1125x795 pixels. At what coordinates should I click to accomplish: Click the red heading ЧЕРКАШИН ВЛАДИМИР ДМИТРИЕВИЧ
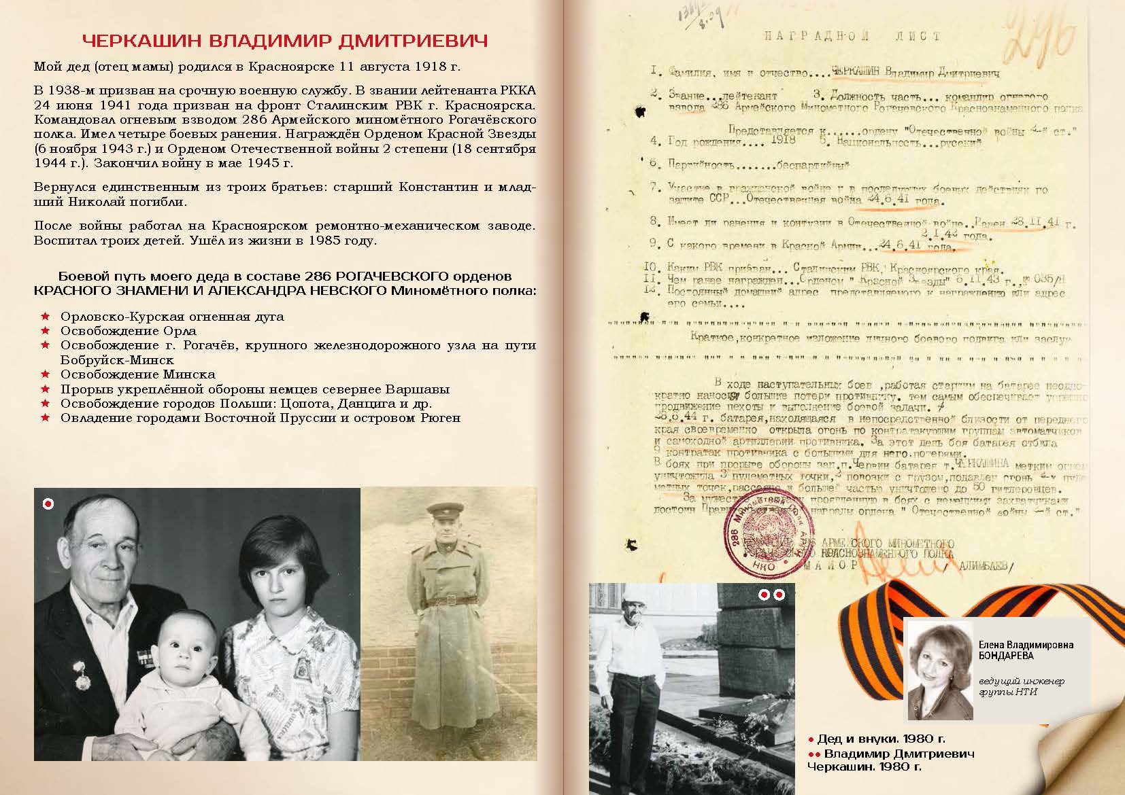[285, 41]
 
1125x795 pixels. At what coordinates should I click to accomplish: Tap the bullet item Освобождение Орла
[128, 331]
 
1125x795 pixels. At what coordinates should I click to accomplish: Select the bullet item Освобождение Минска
[137, 374]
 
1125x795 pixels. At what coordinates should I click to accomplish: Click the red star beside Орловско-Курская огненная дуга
[46, 317]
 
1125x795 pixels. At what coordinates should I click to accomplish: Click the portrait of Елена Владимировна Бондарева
[939, 669]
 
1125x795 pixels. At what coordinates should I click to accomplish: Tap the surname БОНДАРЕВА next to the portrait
[1006, 656]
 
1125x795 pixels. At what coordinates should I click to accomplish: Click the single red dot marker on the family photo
[48, 503]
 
